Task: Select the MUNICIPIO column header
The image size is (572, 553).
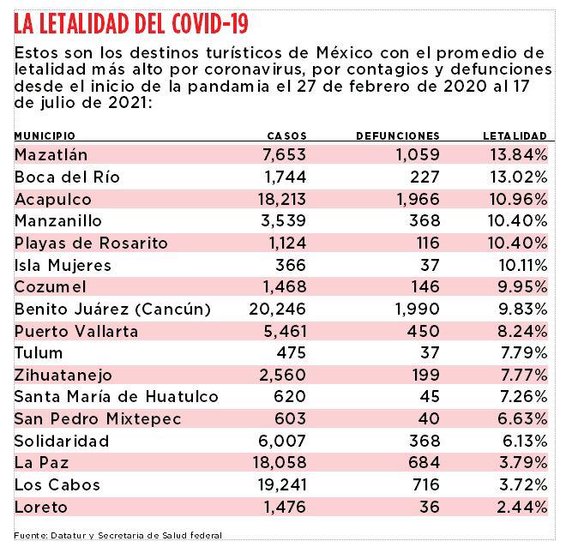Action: tap(45, 136)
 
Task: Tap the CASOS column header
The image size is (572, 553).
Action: tap(286, 136)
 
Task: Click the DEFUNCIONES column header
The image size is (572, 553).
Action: tap(397, 136)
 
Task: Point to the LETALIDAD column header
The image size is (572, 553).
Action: tap(515, 136)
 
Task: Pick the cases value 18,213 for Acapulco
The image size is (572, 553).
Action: tap(277, 198)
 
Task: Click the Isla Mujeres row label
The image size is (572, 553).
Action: tap(63, 264)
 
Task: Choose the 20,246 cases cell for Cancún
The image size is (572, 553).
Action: tap(274, 309)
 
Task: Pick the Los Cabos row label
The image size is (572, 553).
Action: tap(57, 484)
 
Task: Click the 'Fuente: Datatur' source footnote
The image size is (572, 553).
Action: tap(117, 535)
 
